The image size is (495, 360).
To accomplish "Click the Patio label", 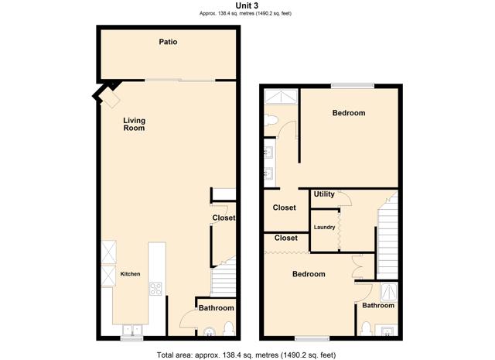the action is pyautogui.click(x=168, y=42).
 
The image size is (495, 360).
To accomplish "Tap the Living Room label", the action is pyautogui.click(x=134, y=124).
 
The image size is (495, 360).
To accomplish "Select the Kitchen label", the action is pyautogui.click(x=130, y=274).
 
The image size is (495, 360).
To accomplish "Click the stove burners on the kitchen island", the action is pyautogui.click(x=155, y=289).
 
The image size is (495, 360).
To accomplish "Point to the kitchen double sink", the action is pyautogui.click(x=132, y=331).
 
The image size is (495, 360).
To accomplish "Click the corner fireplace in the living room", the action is pyautogui.click(x=108, y=93).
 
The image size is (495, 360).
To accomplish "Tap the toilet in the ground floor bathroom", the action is pyautogui.click(x=228, y=329).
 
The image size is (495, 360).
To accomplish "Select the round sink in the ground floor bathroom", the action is pyautogui.click(x=210, y=331).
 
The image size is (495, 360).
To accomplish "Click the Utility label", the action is pyautogui.click(x=324, y=194).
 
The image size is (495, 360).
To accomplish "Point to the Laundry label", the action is pyautogui.click(x=324, y=228).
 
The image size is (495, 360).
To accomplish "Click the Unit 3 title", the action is pyautogui.click(x=247, y=5).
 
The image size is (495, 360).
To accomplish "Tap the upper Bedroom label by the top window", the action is pyautogui.click(x=349, y=113).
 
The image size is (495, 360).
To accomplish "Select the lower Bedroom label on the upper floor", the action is pyautogui.click(x=309, y=274).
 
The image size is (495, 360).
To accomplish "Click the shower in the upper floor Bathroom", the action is pyautogui.click(x=388, y=292).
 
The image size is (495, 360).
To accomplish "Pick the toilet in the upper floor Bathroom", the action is pyautogui.click(x=366, y=329).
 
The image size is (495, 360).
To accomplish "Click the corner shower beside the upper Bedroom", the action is pyautogui.click(x=281, y=97).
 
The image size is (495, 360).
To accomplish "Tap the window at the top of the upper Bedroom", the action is pyautogui.click(x=353, y=85).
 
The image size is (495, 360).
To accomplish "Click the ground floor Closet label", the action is pyautogui.click(x=224, y=218).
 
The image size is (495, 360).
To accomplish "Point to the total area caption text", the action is pyautogui.click(x=246, y=355).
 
